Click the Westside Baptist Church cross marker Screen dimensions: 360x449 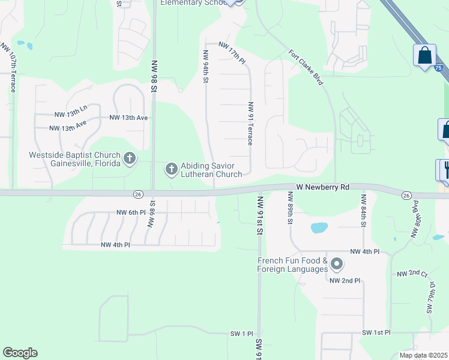point(129,159)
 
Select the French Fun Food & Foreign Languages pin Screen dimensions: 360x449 point(337,264)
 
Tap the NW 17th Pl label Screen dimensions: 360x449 point(232,53)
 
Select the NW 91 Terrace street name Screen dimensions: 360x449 point(250,124)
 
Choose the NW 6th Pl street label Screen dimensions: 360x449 point(131,212)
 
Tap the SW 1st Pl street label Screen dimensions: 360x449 point(376,332)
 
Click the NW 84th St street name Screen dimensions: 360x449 point(363,210)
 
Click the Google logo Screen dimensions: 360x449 point(20,353)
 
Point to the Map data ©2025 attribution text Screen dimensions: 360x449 point(423,355)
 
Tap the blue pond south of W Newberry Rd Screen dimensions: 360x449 point(319,228)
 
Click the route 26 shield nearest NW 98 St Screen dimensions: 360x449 point(138,193)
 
